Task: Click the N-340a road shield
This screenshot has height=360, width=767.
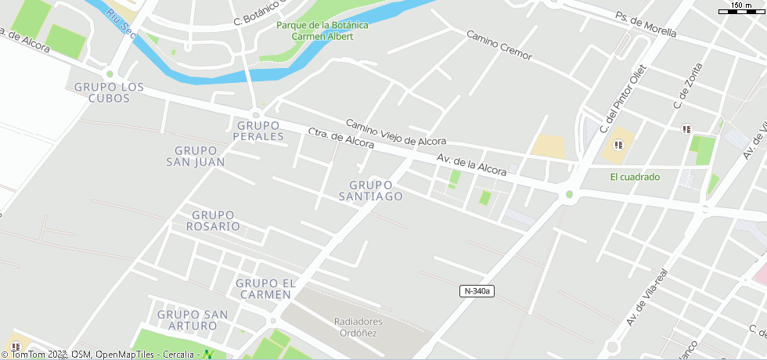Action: tap(477, 291)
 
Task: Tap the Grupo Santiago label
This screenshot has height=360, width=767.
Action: tap(371, 190)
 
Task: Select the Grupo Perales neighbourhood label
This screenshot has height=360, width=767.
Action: tap(258, 131)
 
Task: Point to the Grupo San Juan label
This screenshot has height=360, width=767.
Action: tap(196, 157)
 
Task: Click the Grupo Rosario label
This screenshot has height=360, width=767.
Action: tap(213, 221)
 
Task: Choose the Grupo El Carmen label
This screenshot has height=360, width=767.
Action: tap(263, 289)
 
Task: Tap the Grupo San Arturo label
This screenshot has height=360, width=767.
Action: tap(193, 320)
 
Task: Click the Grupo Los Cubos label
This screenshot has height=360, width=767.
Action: tap(110, 92)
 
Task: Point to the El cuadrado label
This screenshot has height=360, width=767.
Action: tap(635, 177)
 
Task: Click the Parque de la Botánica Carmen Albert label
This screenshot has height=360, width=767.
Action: tap(322, 31)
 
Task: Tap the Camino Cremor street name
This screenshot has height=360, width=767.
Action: tap(499, 45)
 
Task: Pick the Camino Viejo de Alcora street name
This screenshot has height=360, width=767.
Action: tap(396, 132)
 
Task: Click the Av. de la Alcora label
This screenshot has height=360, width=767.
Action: tap(472, 164)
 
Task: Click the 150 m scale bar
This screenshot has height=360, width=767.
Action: tap(740, 8)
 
